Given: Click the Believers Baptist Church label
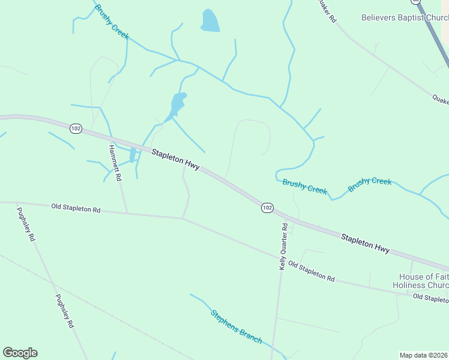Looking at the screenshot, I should click(404, 18).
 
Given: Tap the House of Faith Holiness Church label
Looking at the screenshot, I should click(420, 281).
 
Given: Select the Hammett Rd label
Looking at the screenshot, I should click(115, 163).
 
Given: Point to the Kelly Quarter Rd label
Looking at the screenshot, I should click(283, 246).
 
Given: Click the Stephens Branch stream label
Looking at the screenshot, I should click(236, 326).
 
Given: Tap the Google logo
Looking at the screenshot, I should click(20, 353).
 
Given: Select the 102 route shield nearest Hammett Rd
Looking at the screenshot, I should click(76, 128).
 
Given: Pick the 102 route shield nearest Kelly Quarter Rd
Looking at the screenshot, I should click(267, 208).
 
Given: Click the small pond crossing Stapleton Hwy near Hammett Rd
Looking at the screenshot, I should click(133, 155).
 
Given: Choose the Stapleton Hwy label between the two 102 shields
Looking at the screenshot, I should click(175, 160).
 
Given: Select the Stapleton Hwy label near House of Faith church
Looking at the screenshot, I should click(365, 243).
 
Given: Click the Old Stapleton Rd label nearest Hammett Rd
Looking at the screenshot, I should click(76, 209).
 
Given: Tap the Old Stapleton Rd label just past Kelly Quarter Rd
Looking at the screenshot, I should click(311, 271).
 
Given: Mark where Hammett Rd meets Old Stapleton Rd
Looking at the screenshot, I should click(127, 213).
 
